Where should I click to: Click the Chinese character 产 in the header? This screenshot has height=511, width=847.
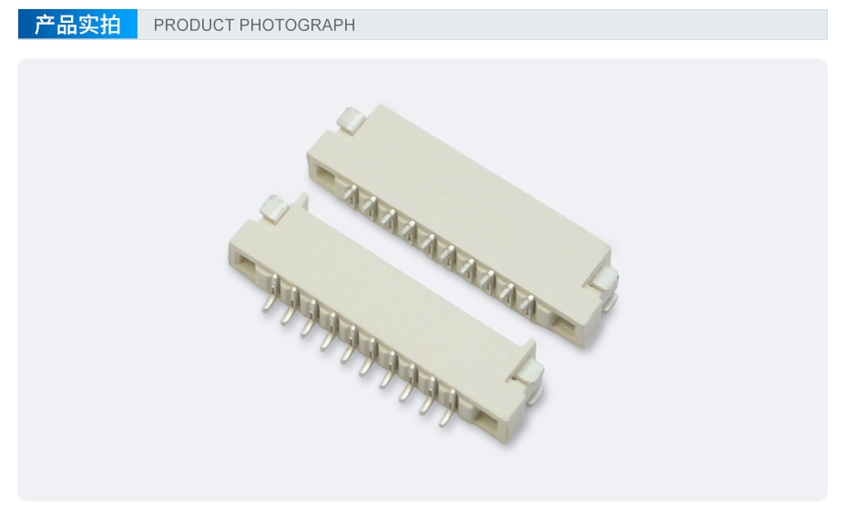45,25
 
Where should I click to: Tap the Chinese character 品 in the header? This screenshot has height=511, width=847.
66,25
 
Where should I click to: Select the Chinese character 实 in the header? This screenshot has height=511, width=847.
88,25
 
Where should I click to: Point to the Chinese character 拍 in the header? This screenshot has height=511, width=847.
109,25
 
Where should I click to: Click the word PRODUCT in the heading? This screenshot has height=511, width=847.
194,25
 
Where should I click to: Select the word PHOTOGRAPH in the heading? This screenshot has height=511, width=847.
297,25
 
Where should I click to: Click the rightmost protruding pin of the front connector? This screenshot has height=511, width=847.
448,410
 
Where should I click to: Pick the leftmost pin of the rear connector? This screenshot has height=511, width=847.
351,194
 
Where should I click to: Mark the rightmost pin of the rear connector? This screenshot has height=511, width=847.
526,304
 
